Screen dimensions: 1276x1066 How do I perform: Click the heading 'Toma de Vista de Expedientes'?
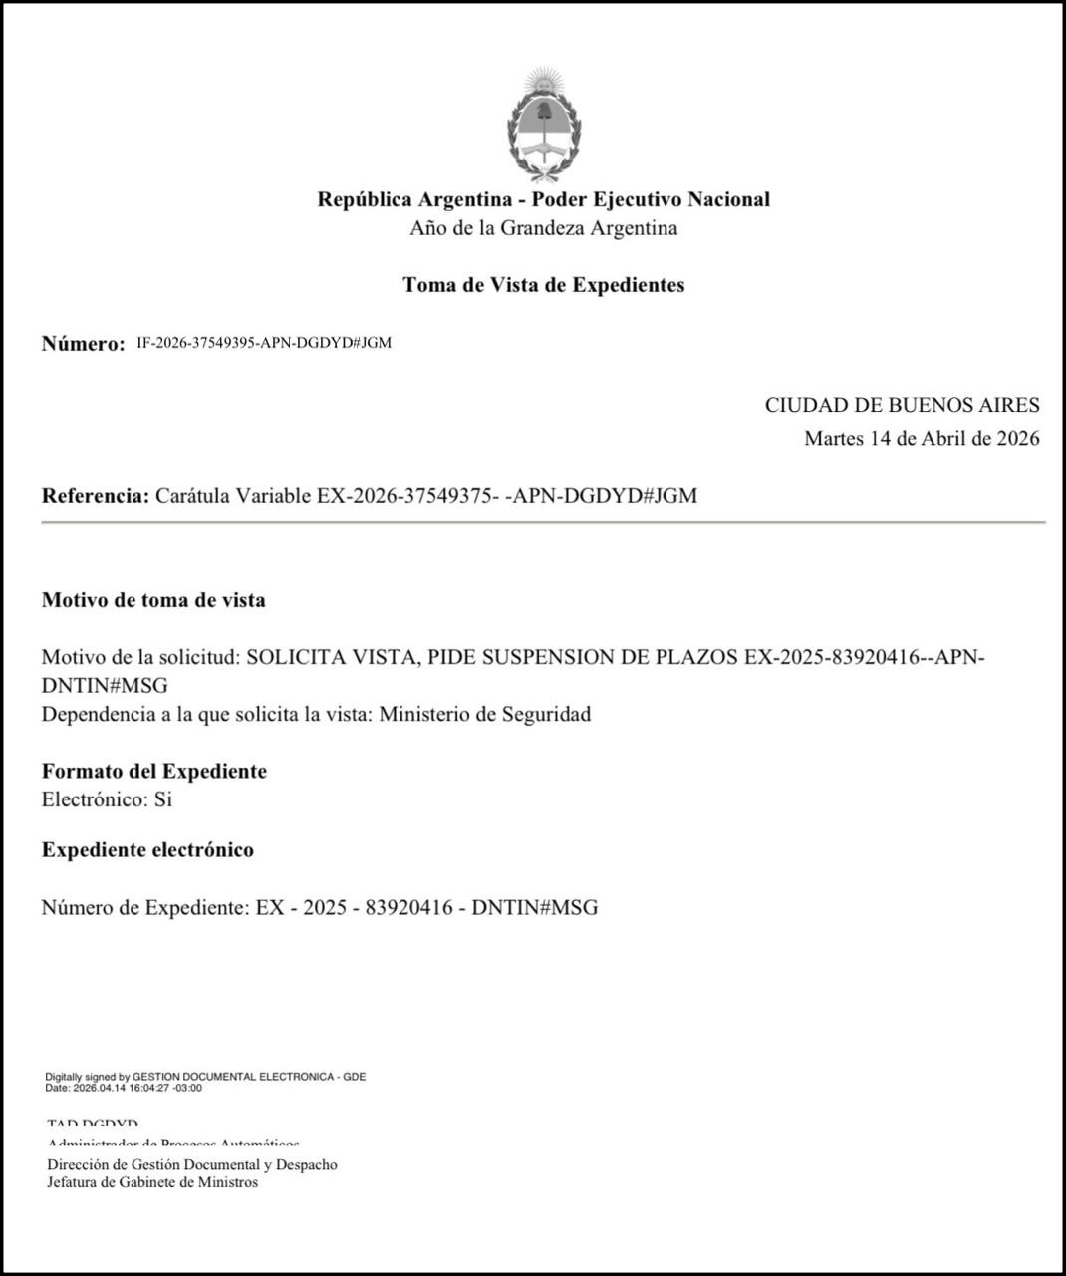[543, 285]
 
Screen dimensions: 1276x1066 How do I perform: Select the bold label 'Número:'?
[83, 344]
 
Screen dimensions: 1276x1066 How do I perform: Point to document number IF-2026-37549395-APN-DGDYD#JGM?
[264, 343]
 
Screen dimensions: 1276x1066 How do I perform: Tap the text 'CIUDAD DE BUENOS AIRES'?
[902, 405]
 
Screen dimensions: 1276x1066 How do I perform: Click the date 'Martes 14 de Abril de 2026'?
[922, 438]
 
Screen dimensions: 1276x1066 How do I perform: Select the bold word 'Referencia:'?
[96, 495]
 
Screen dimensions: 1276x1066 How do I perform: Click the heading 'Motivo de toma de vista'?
[153, 600]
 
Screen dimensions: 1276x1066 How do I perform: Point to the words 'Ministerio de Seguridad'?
[485, 714]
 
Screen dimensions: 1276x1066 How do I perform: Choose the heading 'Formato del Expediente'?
[154, 771]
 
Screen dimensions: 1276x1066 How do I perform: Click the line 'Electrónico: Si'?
[107, 799]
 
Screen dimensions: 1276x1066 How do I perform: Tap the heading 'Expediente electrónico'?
[147, 850]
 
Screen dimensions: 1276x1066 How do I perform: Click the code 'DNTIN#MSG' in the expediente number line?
[535, 907]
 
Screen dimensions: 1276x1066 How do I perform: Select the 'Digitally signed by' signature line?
[205, 1077]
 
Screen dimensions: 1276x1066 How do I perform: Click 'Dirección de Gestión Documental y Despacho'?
[192, 1164]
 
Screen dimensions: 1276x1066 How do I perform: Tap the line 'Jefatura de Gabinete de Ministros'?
[152, 1182]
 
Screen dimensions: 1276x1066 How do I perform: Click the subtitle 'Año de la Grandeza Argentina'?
[543, 228]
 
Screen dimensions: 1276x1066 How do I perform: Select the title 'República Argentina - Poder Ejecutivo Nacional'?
[543, 199]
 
